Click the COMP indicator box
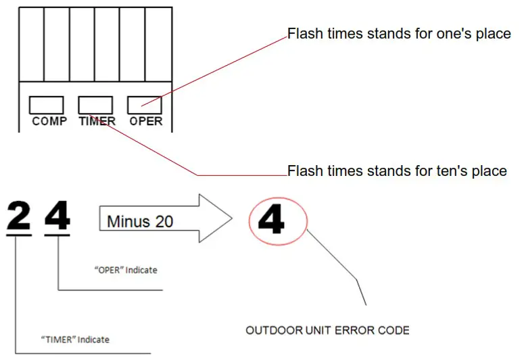coord(47,105)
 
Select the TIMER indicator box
coord(95,105)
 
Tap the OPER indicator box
coord(145,105)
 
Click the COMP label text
coord(49,122)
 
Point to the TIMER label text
coord(97,122)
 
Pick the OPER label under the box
coord(146,122)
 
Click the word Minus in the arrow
coord(127,221)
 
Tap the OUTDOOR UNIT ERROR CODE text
coord(327,331)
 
